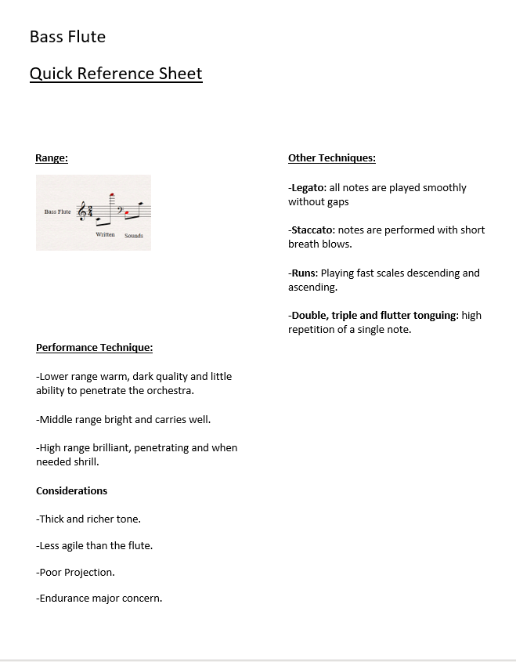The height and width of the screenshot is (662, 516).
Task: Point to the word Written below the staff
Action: [105, 234]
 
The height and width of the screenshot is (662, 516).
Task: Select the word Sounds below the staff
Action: [134, 235]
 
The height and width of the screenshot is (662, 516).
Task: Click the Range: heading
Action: [52, 157]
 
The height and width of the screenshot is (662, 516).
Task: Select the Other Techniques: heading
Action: [332, 157]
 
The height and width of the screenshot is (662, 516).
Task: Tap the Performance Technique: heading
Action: [94, 347]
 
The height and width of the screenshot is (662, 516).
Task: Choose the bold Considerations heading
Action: [71, 490]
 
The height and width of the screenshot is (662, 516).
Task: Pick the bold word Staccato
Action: [312, 230]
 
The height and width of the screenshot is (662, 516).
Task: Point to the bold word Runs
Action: [304, 273]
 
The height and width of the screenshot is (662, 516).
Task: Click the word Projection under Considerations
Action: [89, 572]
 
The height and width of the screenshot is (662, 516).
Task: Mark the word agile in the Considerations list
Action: [78, 545]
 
